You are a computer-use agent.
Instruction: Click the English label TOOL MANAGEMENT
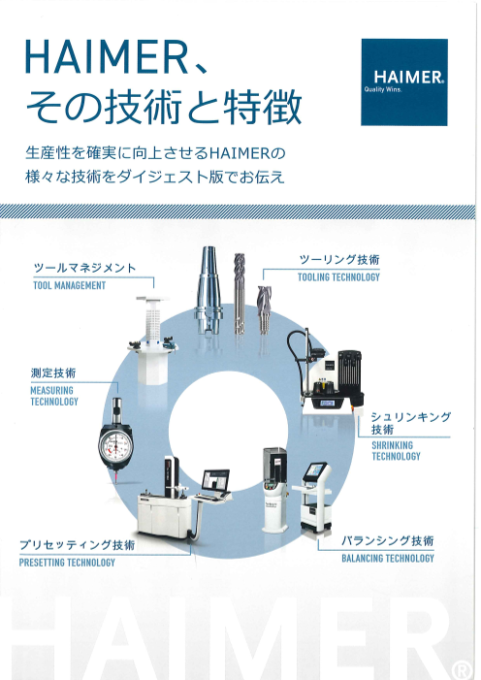coord(69,286)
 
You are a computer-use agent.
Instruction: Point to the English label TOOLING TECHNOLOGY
coord(337,277)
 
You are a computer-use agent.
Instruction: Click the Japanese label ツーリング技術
coord(337,260)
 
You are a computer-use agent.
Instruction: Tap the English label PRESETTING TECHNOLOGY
coord(67,563)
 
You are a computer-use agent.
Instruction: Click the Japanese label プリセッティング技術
coord(77,545)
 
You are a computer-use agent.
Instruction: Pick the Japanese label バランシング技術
coord(386,540)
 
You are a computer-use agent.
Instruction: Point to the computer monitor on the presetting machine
coord(215,479)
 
